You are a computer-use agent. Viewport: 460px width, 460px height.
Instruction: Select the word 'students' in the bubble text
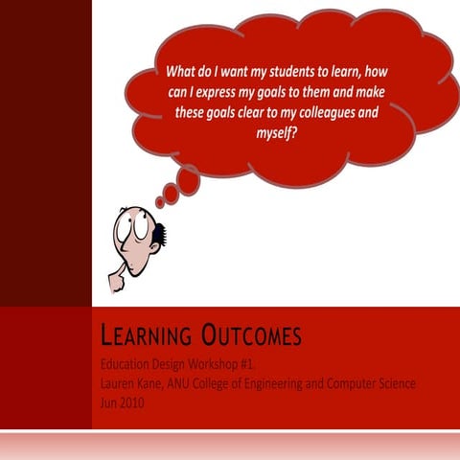pos(294,71)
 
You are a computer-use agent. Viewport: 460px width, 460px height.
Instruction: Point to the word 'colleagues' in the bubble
pos(332,112)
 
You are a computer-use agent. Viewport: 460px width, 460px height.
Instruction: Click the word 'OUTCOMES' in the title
pos(250,336)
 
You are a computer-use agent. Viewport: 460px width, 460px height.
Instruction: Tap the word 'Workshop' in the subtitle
pos(234,365)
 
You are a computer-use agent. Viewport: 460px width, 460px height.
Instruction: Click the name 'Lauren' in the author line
pos(121,383)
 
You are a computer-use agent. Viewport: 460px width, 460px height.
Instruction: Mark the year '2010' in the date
pos(133,402)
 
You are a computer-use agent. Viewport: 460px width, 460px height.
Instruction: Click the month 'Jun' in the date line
pos(108,402)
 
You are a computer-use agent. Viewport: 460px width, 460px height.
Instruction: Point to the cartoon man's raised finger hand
pos(117,280)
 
